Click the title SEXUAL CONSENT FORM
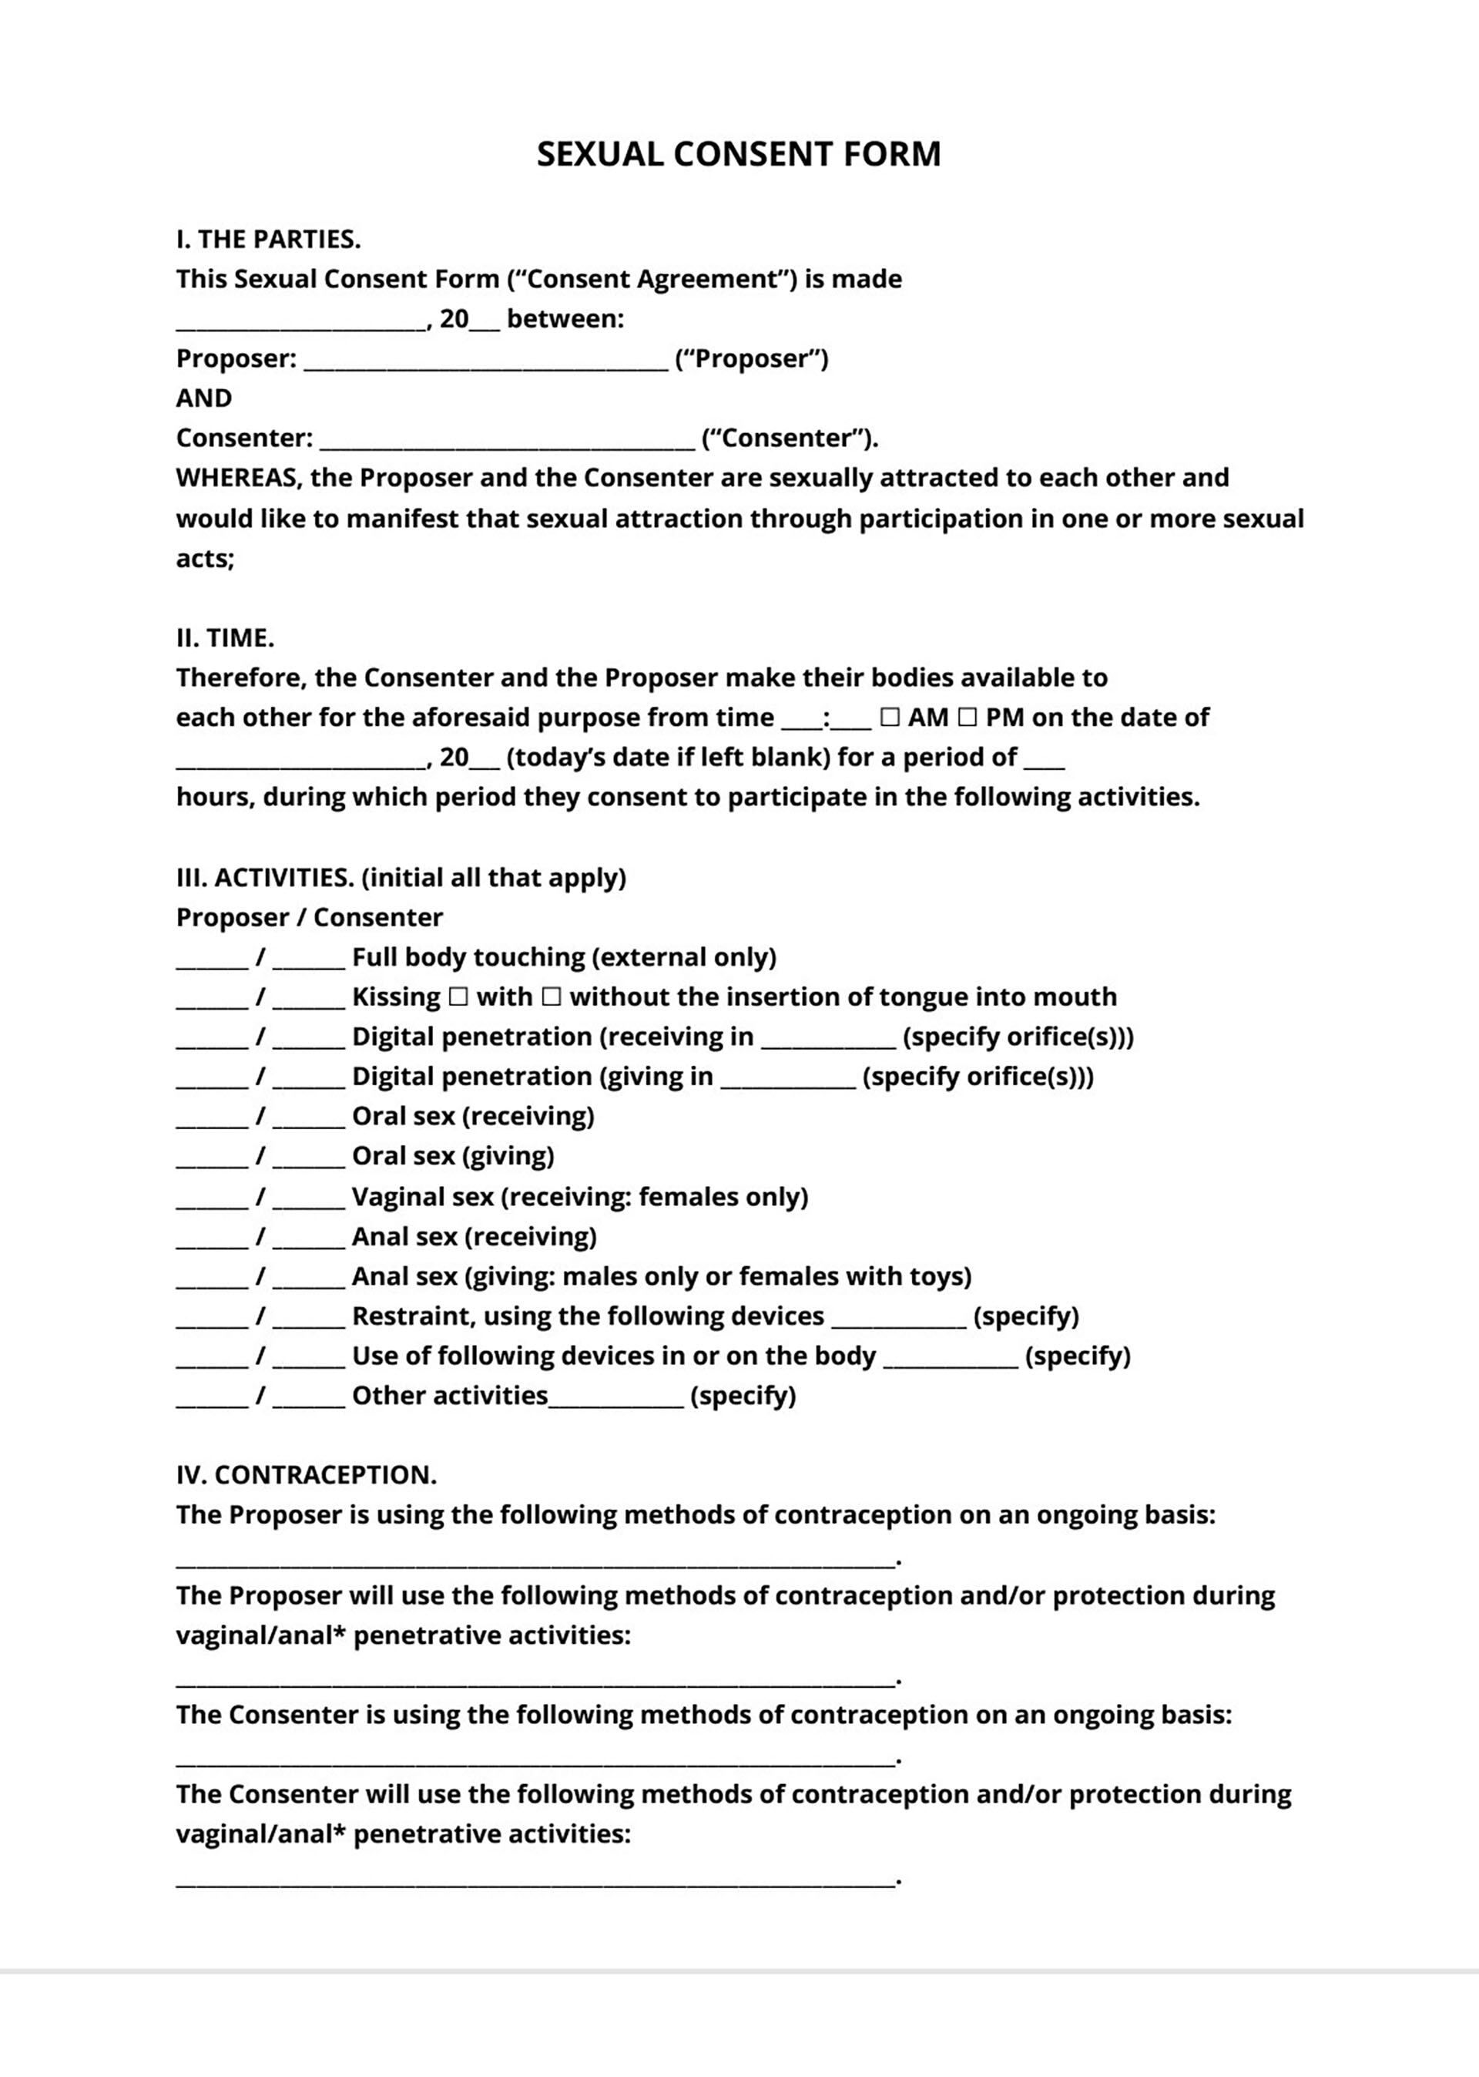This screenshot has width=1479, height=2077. [739, 154]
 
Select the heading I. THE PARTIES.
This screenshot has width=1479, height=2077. [269, 239]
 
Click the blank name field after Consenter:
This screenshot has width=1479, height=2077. [508, 442]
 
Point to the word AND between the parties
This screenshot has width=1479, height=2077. [204, 398]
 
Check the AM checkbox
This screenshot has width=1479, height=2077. [890, 718]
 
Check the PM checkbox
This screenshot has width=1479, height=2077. [968, 718]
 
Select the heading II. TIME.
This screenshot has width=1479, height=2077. [225, 637]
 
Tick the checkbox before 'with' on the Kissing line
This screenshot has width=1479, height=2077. [459, 997]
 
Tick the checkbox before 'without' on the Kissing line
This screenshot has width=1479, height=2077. [551, 997]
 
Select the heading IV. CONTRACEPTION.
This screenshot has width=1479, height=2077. [306, 1475]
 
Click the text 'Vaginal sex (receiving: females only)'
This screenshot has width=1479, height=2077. [580, 1196]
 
